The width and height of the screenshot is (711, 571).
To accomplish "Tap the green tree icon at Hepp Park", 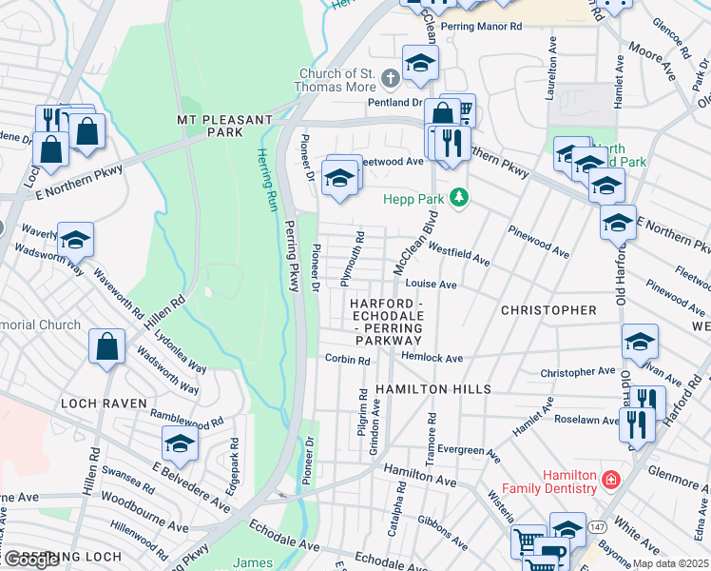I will [460, 198].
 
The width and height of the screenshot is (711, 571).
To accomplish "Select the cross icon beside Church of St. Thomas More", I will [390, 76].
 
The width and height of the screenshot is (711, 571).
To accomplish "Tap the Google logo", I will [30, 560].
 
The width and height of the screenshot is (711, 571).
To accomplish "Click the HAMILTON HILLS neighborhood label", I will [432, 389].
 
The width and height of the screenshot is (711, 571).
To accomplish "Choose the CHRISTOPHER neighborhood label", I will [548, 310].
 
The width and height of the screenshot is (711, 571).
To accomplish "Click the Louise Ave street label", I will [432, 285].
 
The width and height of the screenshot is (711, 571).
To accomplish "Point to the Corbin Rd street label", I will [347, 360].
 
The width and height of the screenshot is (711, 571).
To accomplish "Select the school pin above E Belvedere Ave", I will [180, 443].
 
